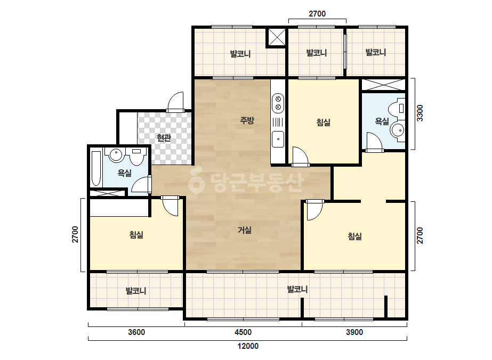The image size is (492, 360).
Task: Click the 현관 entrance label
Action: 164,138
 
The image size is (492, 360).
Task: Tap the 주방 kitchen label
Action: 247,120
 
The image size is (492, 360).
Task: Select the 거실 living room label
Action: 245,230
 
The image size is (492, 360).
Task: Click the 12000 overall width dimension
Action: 248,346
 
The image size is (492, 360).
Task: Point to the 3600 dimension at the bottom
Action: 136,332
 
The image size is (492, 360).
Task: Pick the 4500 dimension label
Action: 243,332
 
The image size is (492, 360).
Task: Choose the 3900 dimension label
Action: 354,332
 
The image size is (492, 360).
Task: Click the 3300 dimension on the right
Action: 420,113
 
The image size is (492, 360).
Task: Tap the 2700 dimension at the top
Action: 317,14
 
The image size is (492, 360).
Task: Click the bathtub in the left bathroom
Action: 96,169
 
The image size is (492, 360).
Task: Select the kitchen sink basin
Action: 278,139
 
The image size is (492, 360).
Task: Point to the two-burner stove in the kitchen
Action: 278,103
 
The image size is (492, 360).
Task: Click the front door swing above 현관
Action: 176,102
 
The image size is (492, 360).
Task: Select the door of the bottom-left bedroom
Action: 170,206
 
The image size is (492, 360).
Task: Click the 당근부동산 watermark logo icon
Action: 196,182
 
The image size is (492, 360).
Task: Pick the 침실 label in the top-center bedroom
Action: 324,122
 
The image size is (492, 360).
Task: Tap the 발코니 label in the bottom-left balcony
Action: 136,291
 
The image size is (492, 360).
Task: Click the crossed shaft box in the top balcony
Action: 276,38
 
